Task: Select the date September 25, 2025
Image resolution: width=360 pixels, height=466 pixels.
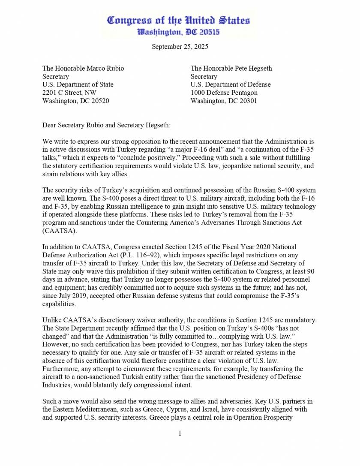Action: [x=180, y=47]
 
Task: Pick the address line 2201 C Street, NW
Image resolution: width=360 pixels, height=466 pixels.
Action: [x=69, y=93]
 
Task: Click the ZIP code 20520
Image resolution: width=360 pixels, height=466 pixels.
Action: [x=100, y=101]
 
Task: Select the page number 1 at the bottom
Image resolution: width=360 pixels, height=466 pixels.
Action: [x=180, y=433]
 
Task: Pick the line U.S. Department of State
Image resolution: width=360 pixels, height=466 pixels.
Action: [x=78, y=84]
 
